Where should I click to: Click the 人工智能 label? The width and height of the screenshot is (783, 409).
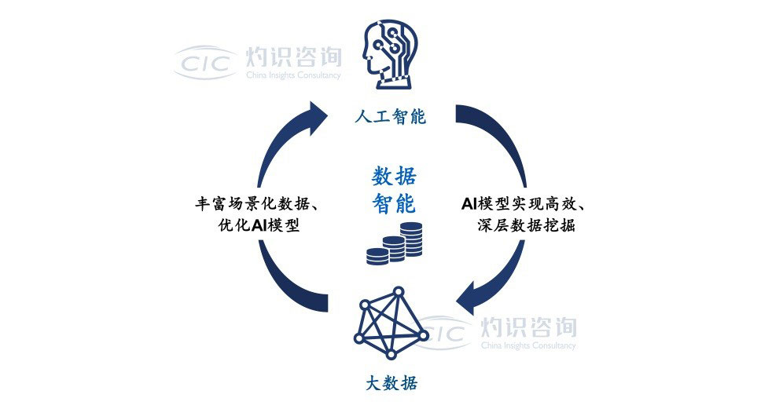(x=391, y=117)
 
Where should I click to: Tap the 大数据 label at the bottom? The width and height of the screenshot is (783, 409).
(x=391, y=383)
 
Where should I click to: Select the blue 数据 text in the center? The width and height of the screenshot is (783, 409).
(x=394, y=177)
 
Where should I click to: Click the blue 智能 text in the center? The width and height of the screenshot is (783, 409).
(x=394, y=203)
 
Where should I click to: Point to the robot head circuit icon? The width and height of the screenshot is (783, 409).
(x=390, y=55)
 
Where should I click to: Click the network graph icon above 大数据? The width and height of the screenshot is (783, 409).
(x=391, y=323)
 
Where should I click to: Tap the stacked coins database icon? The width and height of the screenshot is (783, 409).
(x=394, y=243)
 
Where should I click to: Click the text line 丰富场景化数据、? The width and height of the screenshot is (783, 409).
(x=258, y=204)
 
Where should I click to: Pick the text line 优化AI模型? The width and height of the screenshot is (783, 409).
(x=259, y=225)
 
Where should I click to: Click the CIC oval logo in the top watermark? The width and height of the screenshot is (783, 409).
(x=205, y=63)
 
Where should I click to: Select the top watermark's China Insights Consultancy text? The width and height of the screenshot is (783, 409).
(x=293, y=75)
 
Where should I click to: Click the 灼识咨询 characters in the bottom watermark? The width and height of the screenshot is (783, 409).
(x=528, y=327)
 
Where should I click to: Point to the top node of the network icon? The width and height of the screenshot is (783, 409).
(x=398, y=291)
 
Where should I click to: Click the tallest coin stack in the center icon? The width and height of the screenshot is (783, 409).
(x=411, y=239)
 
